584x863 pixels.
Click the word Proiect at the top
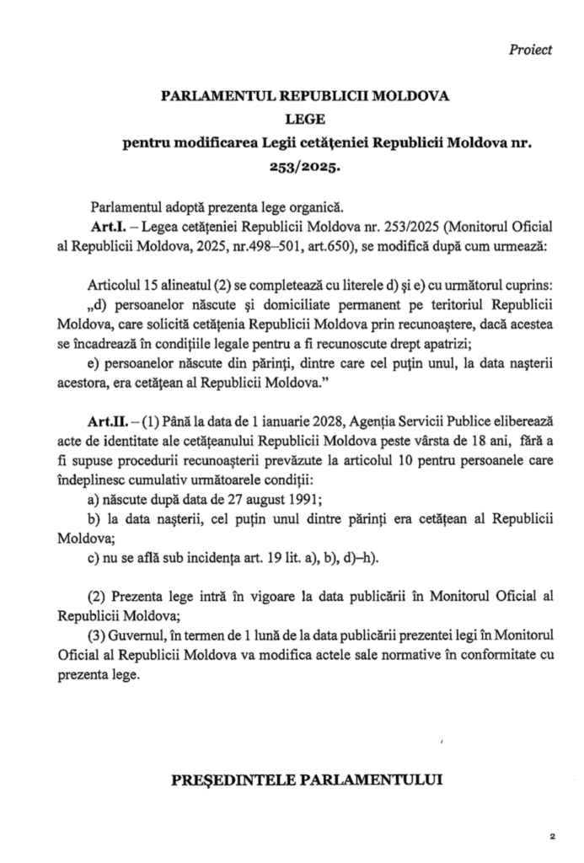(530, 50)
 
